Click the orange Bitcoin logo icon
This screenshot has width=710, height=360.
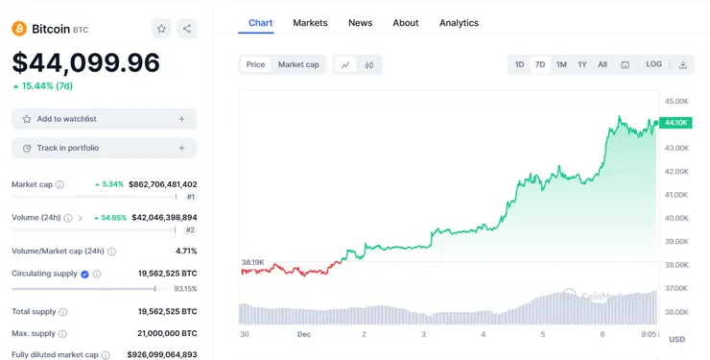(x=19, y=29)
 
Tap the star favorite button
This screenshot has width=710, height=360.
(x=161, y=29)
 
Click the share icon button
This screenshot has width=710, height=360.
(x=187, y=29)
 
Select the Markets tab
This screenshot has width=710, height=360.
(x=310, y=22)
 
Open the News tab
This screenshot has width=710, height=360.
(x=360, y=22)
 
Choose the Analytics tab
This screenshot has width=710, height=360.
(x=459, y=22)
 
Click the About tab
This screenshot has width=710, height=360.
(x=406, y=22)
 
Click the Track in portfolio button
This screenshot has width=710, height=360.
(x=104, y=148)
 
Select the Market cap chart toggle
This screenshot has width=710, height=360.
(x=298, y=64)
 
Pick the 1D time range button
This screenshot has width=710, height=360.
(x=519, y=64)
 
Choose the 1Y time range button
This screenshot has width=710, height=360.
(x=581, y=64)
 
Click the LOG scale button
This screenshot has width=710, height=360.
(x=653, y=64)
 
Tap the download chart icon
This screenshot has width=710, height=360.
(x=683, y=64)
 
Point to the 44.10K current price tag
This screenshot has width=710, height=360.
(x=675, y=122)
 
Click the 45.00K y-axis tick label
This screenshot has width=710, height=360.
(x=677, y=101)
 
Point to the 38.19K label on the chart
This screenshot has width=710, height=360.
(x=252, y=262)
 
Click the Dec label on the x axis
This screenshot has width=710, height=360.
(x=304, y=334)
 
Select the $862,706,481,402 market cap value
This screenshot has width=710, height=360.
(x=162, y=184)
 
